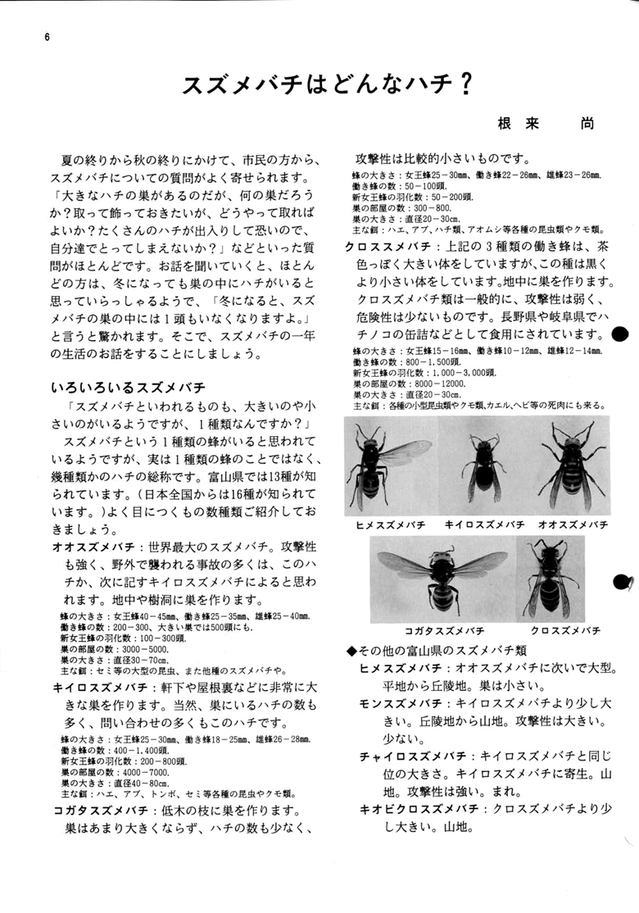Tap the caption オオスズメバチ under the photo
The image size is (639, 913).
(x=573, y=523)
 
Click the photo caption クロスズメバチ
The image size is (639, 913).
(x=566, y=630)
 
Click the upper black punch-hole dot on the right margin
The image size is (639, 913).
(x=620, y=334)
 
